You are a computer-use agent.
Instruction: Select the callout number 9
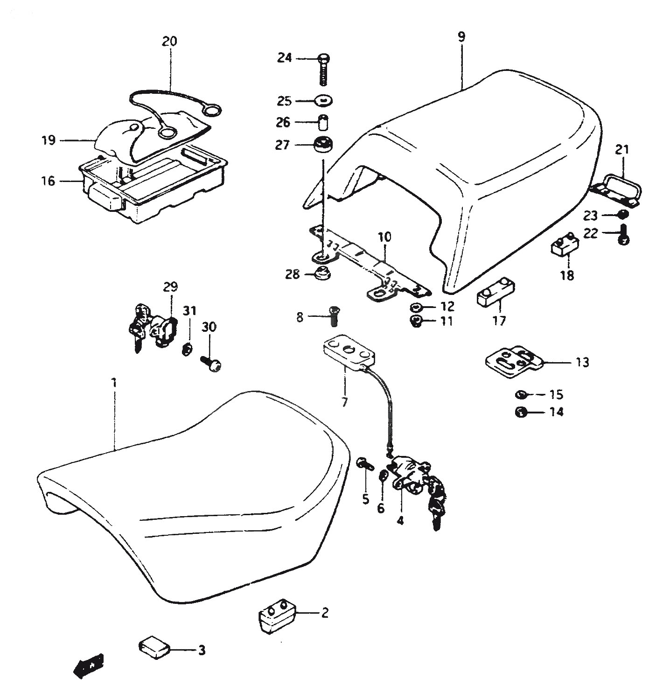pyautogui.click(x=461, y=37)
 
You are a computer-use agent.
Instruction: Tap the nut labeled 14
pyautogui.click(x=521, y=413)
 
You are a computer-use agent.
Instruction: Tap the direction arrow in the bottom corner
pyautogui.click(x=89, y=666)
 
